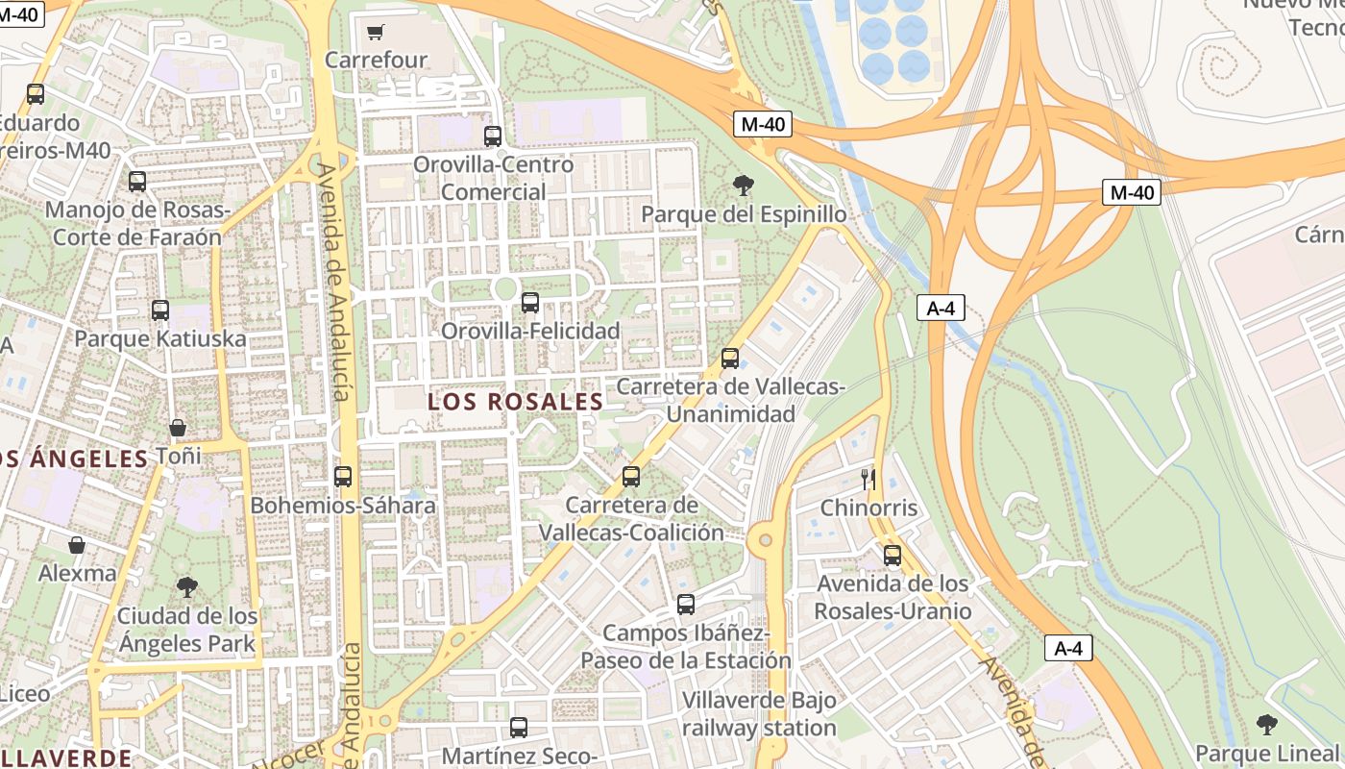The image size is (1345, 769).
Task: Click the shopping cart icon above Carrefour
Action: pos(376,33)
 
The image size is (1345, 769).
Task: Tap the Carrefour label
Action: pos(376,60)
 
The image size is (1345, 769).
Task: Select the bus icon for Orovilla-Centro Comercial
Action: pos(493,136)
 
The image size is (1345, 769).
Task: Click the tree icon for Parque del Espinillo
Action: pos(743,186)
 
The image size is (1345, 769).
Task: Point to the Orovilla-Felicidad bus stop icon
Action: pos(529,303)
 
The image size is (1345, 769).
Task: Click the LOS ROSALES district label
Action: pos(515,402)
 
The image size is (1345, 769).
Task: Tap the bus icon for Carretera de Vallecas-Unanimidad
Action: pos(730,359)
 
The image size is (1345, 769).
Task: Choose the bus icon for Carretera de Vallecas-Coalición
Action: pos(631,477)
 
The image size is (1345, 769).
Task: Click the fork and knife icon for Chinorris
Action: pos(868,479)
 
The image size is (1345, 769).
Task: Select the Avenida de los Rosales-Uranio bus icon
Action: pos(893,556)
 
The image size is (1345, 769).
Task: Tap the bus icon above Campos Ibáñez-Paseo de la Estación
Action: pos(686,605)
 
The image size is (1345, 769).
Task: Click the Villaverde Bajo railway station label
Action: pos(759,714)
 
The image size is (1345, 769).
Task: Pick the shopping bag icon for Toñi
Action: pos(178,428)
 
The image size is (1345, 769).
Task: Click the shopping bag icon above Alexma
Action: pos(77,545)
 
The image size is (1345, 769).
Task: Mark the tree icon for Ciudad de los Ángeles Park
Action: pos(187,587)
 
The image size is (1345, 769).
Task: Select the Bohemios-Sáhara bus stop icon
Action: pos(343,477)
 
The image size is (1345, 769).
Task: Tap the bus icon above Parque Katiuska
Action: pos(160,310)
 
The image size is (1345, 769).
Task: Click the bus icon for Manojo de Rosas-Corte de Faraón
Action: pos(137,182)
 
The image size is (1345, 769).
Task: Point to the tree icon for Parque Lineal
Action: pos(1267,724)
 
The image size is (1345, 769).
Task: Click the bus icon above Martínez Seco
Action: pos(519,728)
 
